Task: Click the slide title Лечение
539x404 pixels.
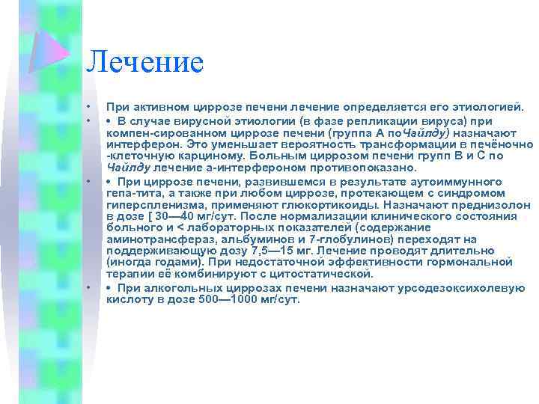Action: [144, 62]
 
